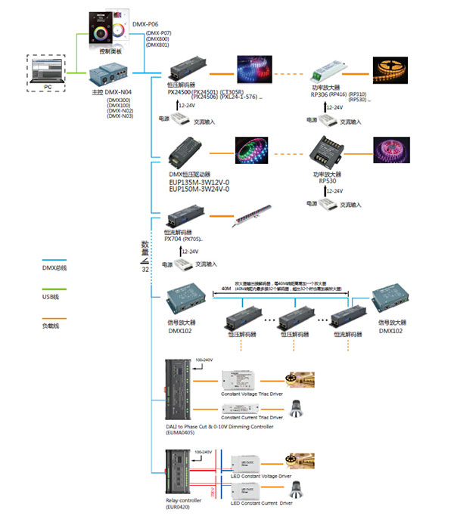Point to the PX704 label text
[174, 239]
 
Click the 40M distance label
[225, 288]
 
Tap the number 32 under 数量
[145, 269]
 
